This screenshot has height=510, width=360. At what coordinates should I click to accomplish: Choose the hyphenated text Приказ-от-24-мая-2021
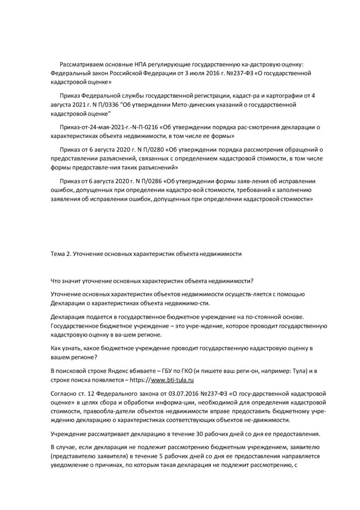(x=94, y=127)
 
